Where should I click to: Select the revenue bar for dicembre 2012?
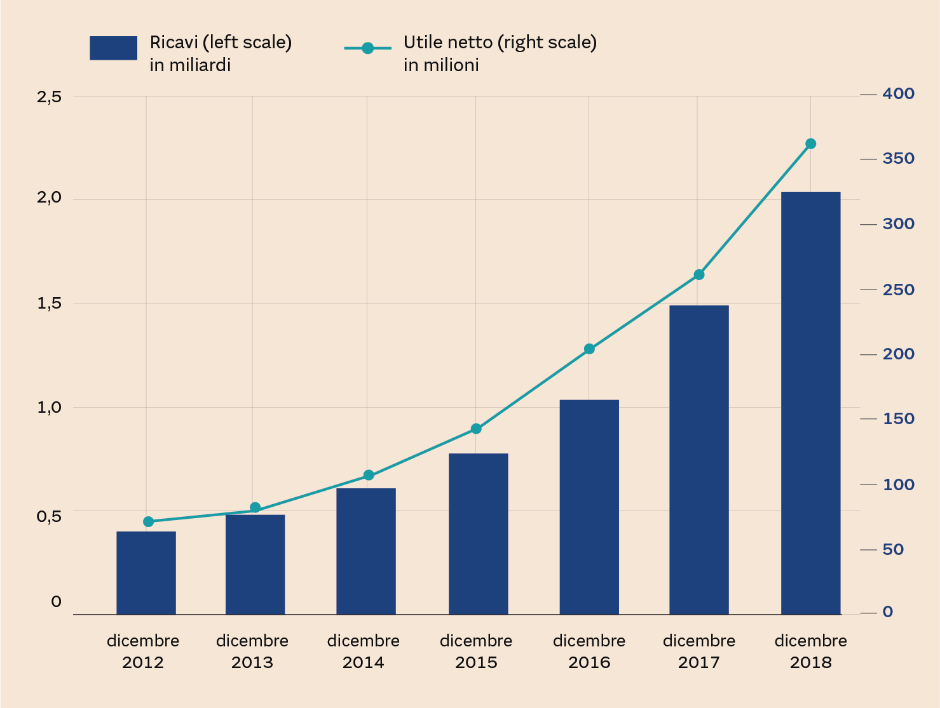point(146,573)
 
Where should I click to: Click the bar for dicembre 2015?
point(478,533)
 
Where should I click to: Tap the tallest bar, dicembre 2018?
point(810,403)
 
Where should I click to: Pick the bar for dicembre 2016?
point(589,507)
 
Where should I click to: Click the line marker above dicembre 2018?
point(810,144)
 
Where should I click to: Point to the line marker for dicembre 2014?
point(369,475)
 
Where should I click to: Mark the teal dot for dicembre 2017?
point(699,275)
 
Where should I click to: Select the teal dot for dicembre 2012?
point(149,522)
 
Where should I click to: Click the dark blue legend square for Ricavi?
point(113,48)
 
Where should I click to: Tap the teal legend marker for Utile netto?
point(367,48)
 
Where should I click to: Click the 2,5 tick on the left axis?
point(49,97)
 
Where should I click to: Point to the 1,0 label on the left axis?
point(49,408)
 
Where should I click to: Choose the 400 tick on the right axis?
point(898,94)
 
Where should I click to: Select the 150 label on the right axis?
point(898,419)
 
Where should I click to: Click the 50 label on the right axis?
point(893,549)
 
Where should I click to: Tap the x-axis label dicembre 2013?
point(252,651)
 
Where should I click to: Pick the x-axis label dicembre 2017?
point(699,651)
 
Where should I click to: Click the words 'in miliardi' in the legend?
point(190,65)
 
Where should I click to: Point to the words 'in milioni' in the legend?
point(441,65)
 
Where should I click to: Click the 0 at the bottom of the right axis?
point(888,612)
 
